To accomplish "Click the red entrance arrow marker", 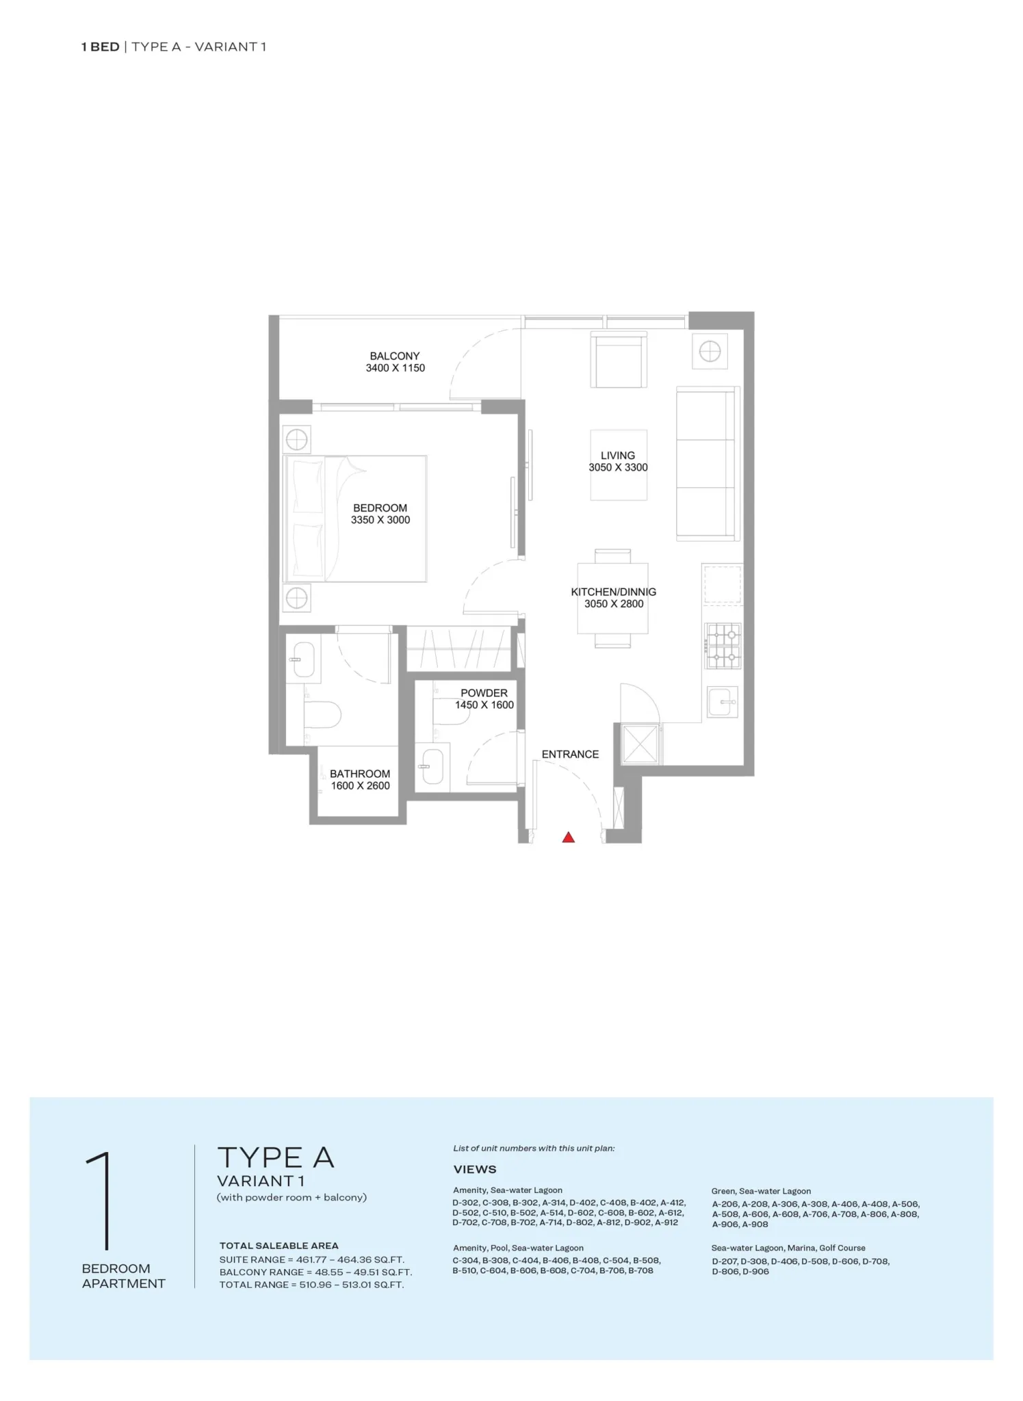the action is (568, 837).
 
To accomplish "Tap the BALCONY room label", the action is (395, 356).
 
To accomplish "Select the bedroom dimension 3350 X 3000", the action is (380, 520).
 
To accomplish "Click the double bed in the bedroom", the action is (355, 519).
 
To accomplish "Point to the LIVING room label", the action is (618, 456).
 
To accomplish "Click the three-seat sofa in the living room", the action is (708, 464).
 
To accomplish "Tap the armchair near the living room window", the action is (619, 361).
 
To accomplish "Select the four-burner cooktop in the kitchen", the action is (723, 646).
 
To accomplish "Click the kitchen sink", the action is (723, 702).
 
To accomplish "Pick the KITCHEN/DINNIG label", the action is (614, 592).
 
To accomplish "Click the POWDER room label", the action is (484, 693).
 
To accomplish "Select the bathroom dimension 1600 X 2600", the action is (361, 786).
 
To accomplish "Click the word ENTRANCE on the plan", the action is (570, 754).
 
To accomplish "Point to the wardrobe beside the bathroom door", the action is (458, 648).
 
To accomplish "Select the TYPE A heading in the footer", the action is (276, 1158).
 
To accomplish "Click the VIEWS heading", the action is (475, 1170).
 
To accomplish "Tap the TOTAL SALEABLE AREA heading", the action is (279, 1246).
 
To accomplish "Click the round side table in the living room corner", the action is (710, 352).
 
